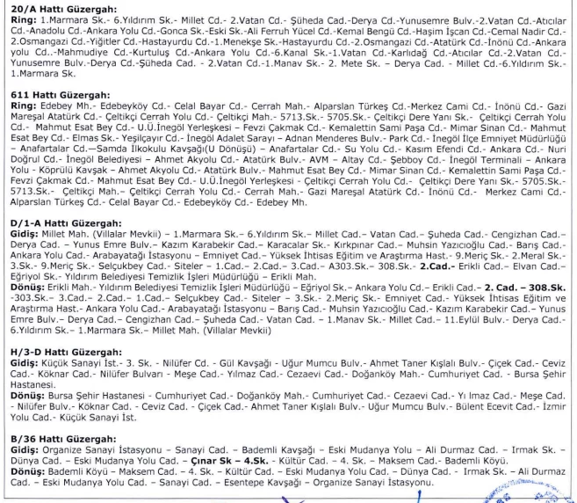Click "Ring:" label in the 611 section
click(15, 127)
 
